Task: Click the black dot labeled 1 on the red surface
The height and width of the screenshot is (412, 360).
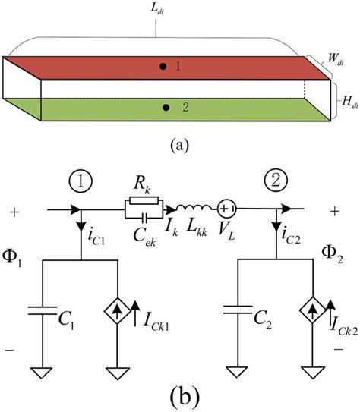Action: coord(163,67)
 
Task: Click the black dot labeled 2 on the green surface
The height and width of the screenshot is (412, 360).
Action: coord(166,109)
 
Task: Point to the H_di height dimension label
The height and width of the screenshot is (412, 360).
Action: coord(346,99)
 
